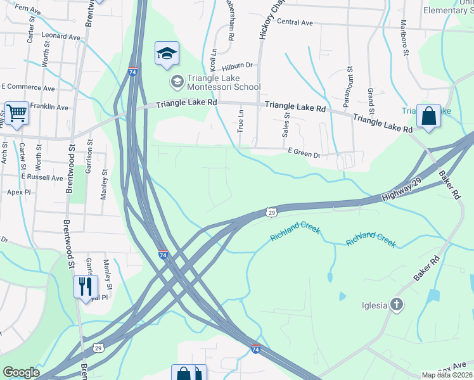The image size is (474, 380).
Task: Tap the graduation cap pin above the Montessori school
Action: point(167,54)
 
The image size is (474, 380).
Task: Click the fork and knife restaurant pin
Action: point(86,287)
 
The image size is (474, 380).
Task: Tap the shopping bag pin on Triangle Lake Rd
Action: point(428,117)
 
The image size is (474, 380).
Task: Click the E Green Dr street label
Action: point(305,152)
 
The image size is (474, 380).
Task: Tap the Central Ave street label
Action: point(295,23)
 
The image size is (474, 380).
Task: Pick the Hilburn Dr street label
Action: point(238,65)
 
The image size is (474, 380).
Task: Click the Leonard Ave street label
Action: point(61,37)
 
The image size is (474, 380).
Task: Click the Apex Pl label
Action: point(19,192)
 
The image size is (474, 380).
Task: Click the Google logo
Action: point(21,372)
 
